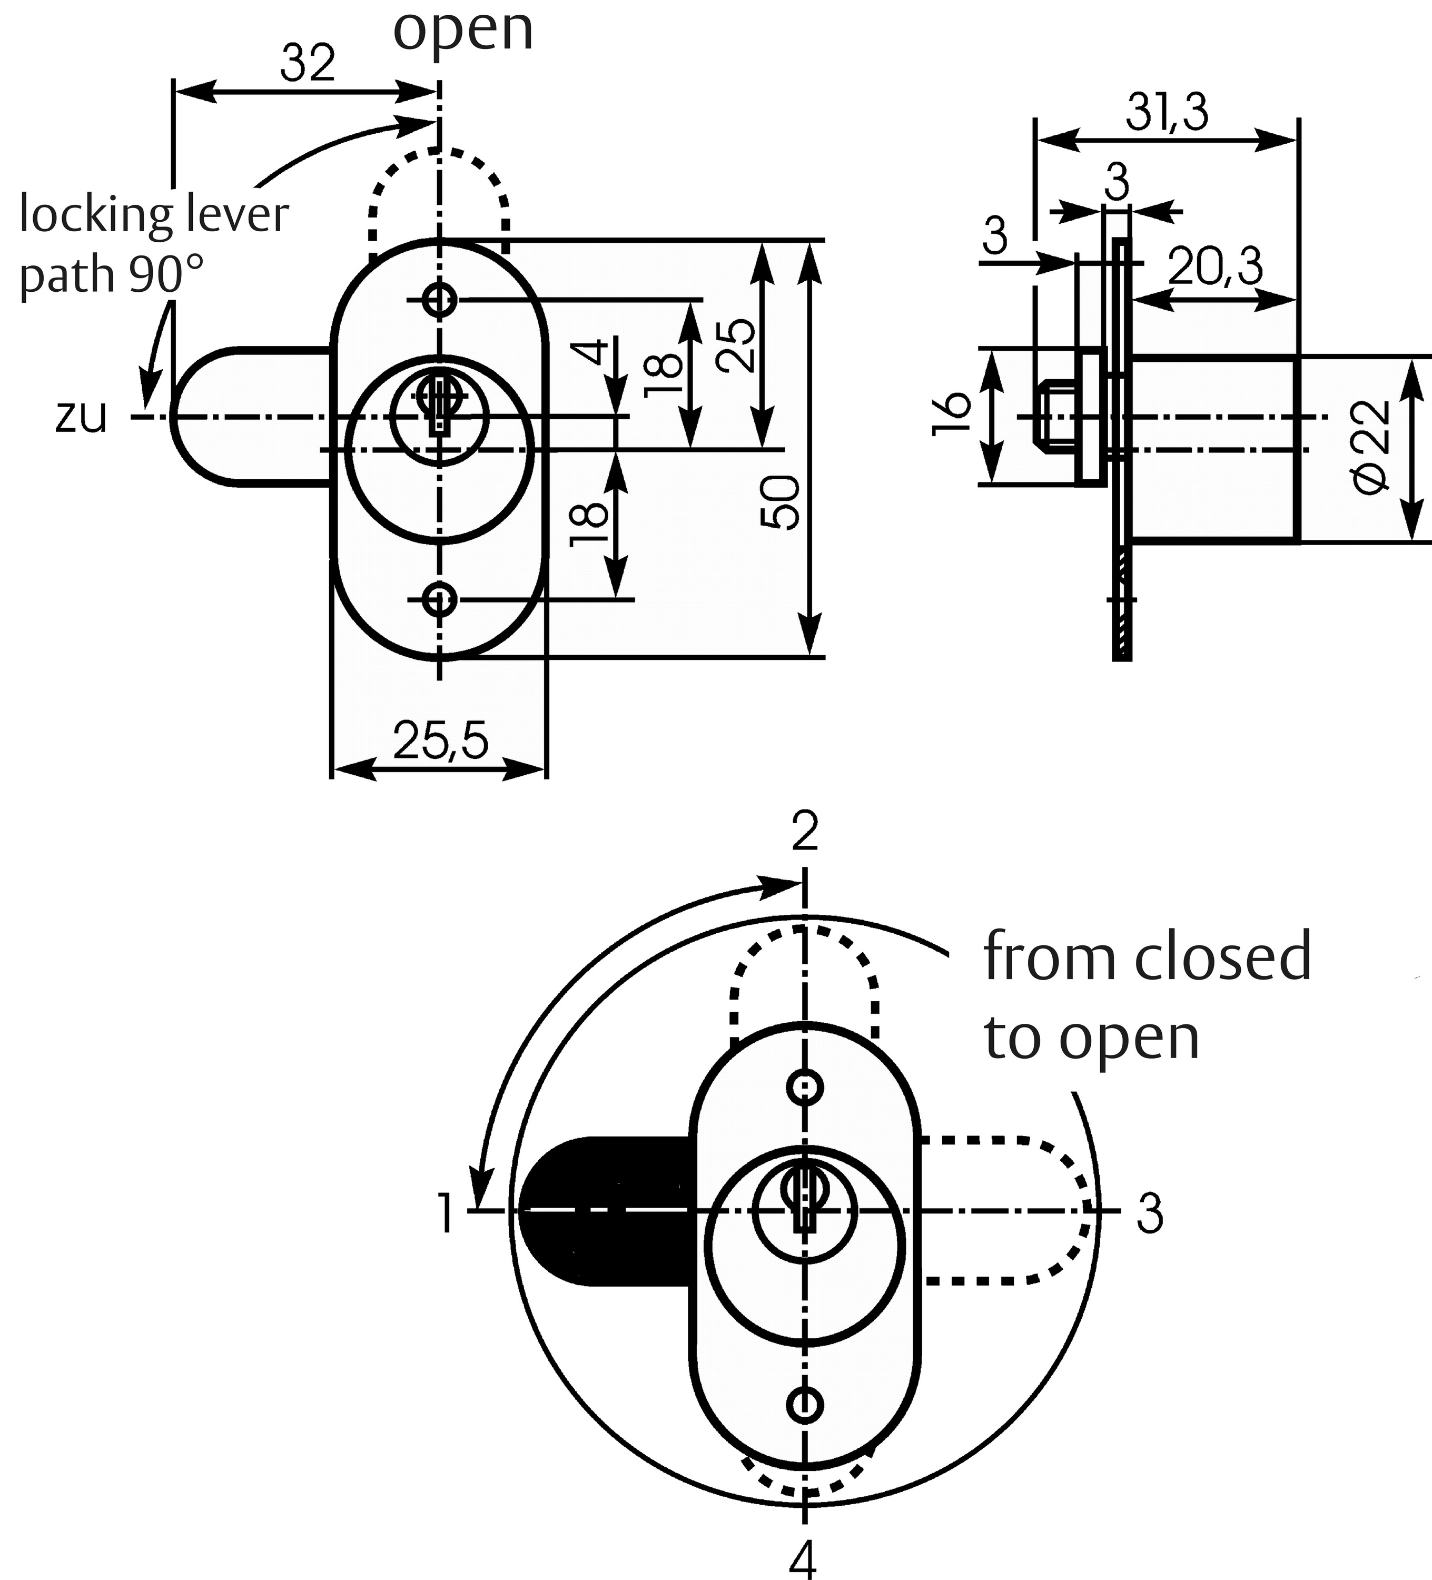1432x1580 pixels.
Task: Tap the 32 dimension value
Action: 308,64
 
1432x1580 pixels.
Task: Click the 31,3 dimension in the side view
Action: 1167,114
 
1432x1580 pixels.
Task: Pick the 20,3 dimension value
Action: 1215,268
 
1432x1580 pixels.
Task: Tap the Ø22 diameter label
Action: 1371,448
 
